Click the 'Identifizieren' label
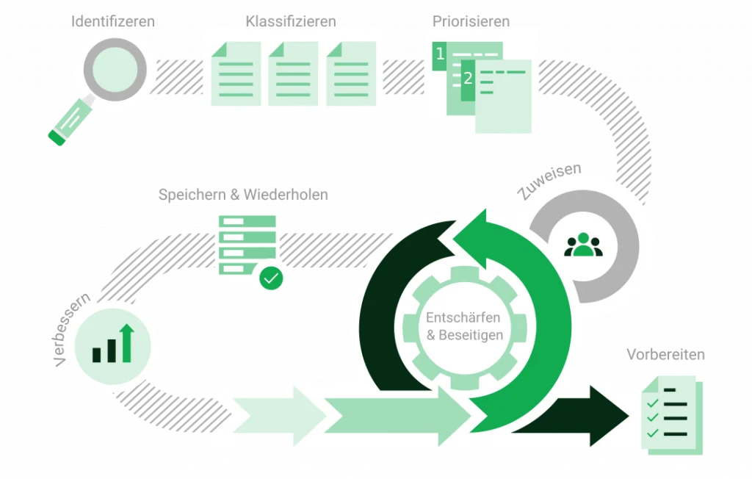point(112,21)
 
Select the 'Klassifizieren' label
point(292,21)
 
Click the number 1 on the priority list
point(440,54)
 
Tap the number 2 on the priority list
point(467,77)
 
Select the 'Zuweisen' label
point(549,181)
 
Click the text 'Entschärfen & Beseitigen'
point(464,326)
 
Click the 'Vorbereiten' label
point(665,355)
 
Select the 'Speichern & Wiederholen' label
point(244,195)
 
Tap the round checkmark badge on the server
point(271,278)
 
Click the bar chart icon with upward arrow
point(112,345)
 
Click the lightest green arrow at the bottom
point(264,414)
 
